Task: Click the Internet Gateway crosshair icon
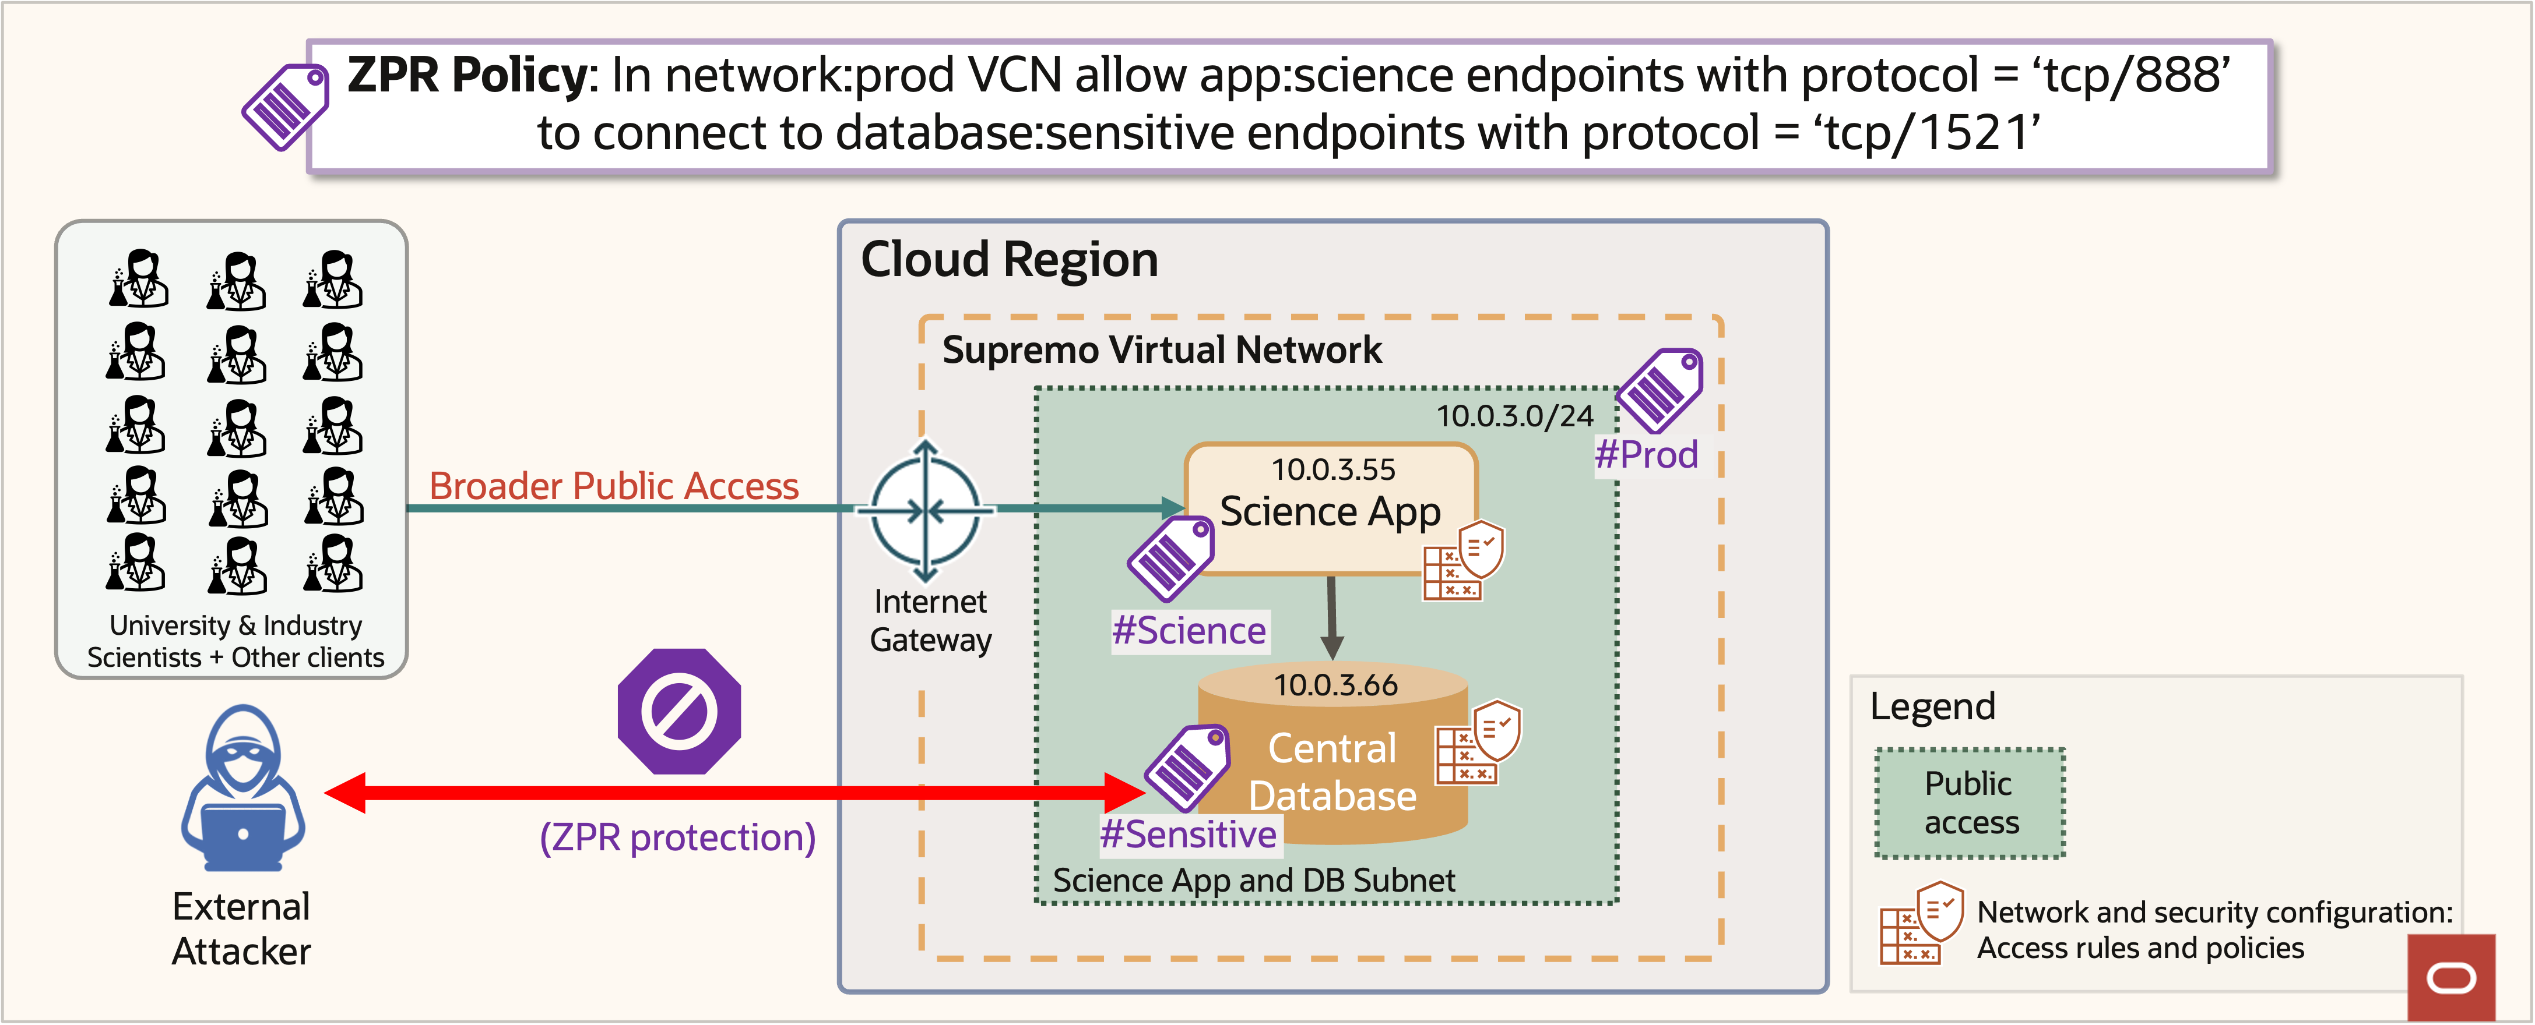pyautogui.click(x=925, y=511)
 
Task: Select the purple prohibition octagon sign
pyautogui.click(x=679, y=711)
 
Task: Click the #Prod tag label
pyautogui.click(x=1646, y=454)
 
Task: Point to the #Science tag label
pyautogui.click(x=1189, y=631)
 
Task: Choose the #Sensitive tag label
pyautogui.click(x=1188, y=834)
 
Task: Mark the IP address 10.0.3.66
pyautogui.click(x=1335, y=685)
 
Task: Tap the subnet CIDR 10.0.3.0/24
pyautogui.click(x=1514, y=416)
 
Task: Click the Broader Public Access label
pyautogui.click(x=613, y=486)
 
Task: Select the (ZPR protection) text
pyautogui.click(x=677, y=837)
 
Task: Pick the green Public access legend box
pyautogui.click(x=1970, y=803)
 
